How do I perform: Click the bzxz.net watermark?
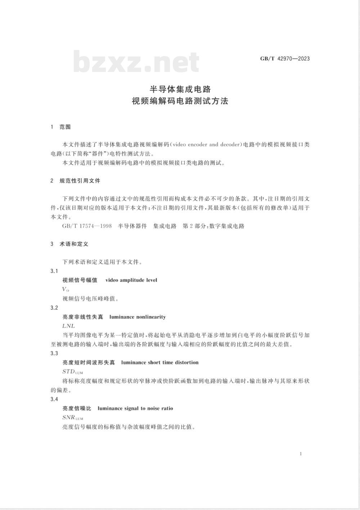point(136,62)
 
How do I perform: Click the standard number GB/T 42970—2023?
point(285,59)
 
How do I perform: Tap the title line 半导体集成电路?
point(180,89)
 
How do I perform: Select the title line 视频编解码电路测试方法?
point(180,101)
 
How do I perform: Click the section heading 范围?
point(65,127)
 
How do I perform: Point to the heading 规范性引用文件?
point(80,181)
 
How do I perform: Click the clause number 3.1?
point(54,271)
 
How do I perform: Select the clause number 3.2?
point(54,308)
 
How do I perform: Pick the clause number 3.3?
point(54,353)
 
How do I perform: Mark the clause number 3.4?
point(54,399)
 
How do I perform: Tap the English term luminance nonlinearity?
point(138,317)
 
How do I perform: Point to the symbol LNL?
point(68,326)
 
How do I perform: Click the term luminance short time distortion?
point(160,362)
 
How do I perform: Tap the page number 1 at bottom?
point(301,454)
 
